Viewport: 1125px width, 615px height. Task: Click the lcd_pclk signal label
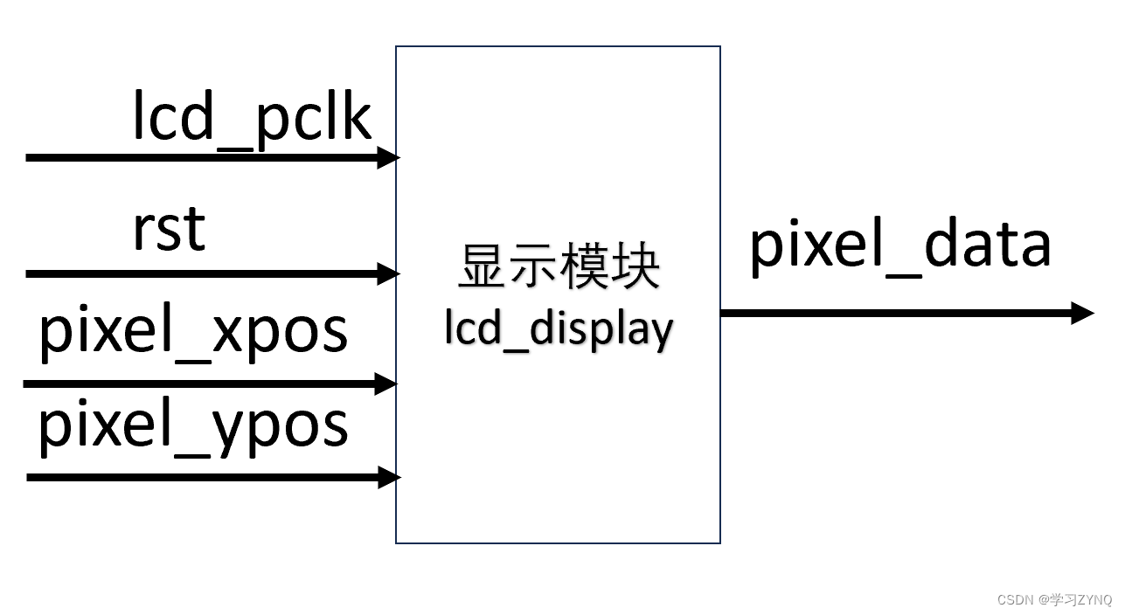tap(252, 118)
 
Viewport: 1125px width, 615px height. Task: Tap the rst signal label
tap(169, 229)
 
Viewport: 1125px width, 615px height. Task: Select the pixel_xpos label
tap(193, 333)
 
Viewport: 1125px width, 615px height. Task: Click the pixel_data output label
tap(899, 245)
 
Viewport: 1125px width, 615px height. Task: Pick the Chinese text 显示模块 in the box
tap(559, 267)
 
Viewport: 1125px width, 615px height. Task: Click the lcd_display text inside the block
tap(559, 330)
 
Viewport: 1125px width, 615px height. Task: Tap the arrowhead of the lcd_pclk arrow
tap(389, 157)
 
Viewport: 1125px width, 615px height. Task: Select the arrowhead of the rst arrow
tap(389, 273)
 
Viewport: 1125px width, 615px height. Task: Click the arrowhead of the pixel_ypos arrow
tap(389, 477)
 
